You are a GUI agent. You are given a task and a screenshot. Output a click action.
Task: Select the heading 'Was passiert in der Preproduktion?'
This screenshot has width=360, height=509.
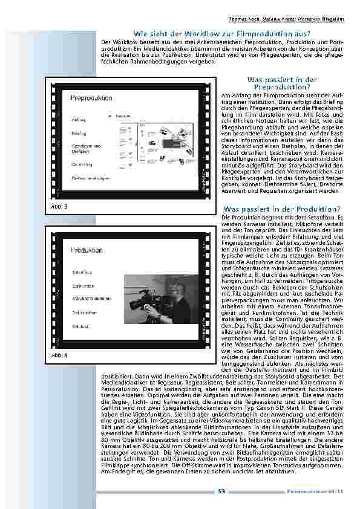(x=283, y=83)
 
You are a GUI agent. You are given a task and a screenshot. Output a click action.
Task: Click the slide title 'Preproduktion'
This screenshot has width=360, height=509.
(x=91, y=97)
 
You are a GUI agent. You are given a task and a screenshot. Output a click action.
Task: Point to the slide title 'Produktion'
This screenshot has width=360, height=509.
(x=86, y=250)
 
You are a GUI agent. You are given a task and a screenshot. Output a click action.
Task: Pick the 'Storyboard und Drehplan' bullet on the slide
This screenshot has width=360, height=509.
(x=82, y=148)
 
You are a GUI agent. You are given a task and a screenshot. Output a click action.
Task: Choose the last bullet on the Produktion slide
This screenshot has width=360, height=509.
(x=82, y=326)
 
